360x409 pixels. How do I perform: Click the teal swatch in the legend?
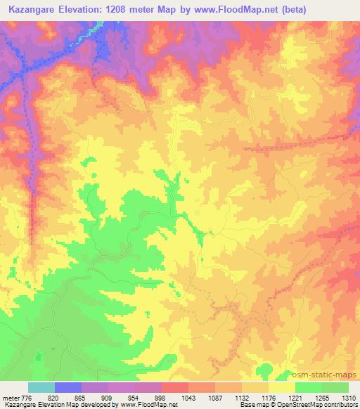(41, 387)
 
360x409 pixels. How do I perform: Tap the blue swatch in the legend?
(68, 387)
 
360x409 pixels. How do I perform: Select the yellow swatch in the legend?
(282, 387)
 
